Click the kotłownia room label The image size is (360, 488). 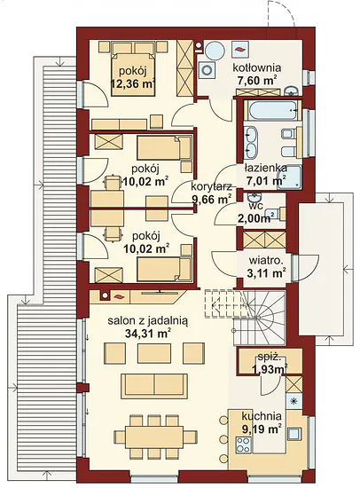(x=257, y=67)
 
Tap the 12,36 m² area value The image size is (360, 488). (x=133, y=83)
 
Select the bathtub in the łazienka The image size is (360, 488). (x=272, y=109)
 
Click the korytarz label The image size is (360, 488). (x=211, y=187)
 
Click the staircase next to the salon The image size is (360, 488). (x=245, y=316)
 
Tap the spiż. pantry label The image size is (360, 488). (x=270, y=358)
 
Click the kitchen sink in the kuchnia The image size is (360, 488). (x=294, y=434)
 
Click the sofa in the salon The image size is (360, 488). (x=154, y=386)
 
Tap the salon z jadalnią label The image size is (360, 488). (x=148, y=320)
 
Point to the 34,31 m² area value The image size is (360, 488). (x=148, y=334)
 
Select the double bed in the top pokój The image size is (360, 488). (x=134, y=75)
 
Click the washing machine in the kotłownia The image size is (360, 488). (x=207, y=70)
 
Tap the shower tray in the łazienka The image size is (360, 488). (x=289, y=177)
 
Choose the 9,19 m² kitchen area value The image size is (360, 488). (x=262, y=429)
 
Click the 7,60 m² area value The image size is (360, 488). (x=256, y=80)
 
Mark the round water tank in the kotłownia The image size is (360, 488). (x=215, y=50)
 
